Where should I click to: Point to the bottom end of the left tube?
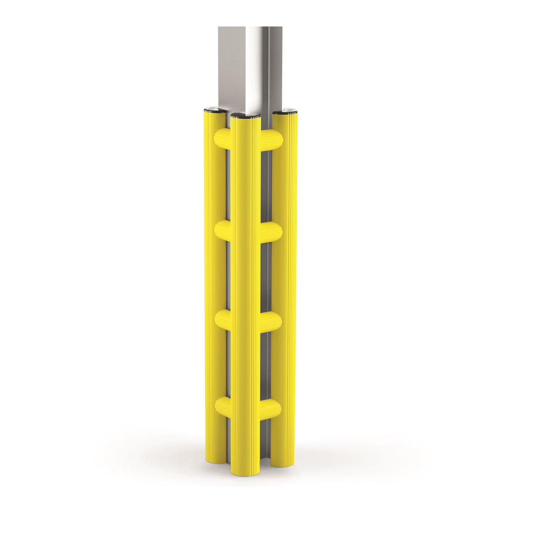[215, 460]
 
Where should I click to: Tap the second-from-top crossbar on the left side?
[223, 231]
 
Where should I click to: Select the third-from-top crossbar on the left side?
[223, 319]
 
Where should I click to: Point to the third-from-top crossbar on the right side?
[271, 320]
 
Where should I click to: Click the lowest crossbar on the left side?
[223, 406]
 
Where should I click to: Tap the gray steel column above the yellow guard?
[250, 68]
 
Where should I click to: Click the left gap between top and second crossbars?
[228, 185]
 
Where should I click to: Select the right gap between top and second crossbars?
[266, 185]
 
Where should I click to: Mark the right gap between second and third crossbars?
[266, 276]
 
